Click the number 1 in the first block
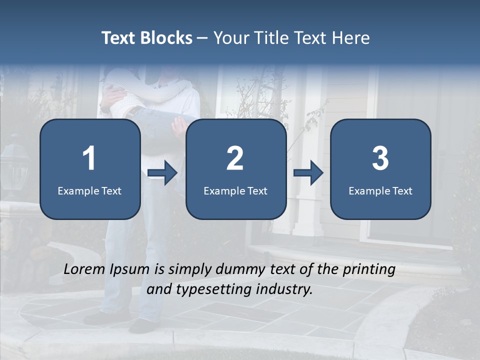[89, 158]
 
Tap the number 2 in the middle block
[235, 158]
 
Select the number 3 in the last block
[380, 158]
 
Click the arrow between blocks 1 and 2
[163, 173]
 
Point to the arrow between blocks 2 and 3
[308, 173]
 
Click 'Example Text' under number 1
[89, 190]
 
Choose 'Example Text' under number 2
[235, 190]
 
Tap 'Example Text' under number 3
[380, 190]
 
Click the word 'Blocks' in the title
[166, 38]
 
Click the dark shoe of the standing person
[142, 326]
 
